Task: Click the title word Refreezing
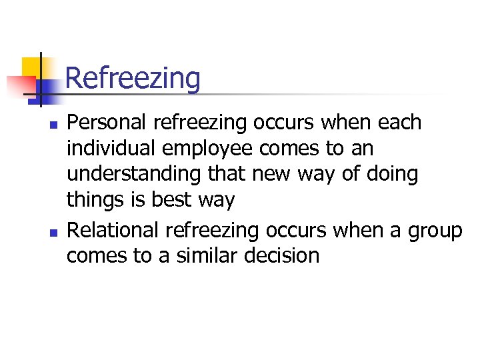pyautogui.click(x=133, y=79)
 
